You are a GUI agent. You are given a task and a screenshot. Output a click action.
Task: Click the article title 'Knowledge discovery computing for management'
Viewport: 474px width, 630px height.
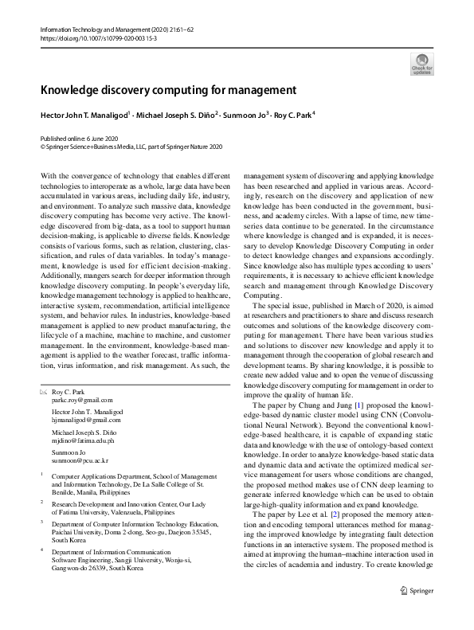(168, 90)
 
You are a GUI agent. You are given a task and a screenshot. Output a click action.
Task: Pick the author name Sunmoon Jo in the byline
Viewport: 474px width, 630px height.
(242, 115)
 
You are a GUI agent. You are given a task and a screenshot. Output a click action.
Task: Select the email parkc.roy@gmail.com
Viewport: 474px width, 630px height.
(82, 401)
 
